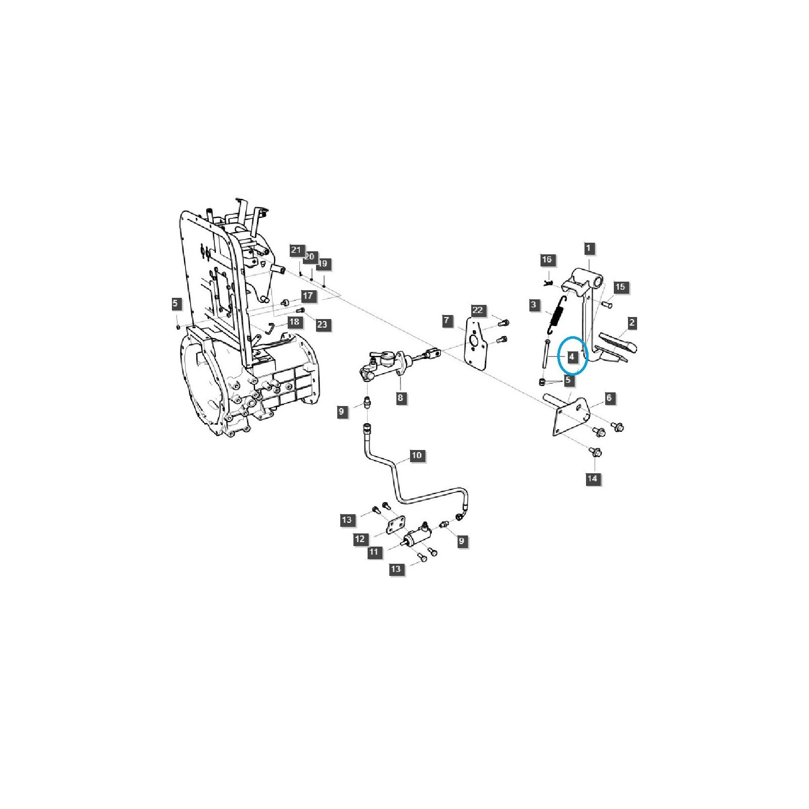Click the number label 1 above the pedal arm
pos(589,248)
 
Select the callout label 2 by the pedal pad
pos(632,323)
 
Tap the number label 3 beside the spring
pos(534,305)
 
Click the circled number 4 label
pos(572,356)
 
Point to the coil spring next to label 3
pos(557,315)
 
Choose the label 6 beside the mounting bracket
pos(609,398)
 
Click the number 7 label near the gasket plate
pos(446,321)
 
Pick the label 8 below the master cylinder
pos(400,398)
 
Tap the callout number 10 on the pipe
pos(417,456)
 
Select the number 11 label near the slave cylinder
pos(374,552)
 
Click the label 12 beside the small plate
pos(360,539)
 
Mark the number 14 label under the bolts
pos(592,478)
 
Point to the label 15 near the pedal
pos(620,287)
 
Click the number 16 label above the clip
pos(547,260)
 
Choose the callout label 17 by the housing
pos(308,296)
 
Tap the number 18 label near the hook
pos(294,322)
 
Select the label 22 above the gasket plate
pos(478,310)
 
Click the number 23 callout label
pos(322,325)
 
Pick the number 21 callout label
pos(296,250)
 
